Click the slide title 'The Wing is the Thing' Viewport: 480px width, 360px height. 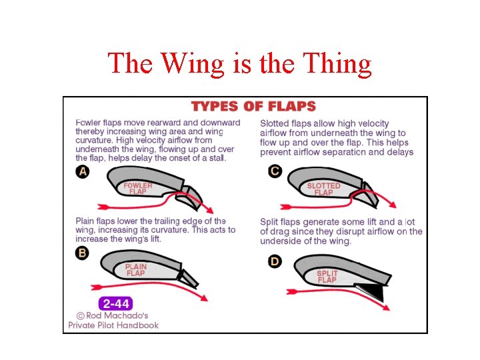(239, 63)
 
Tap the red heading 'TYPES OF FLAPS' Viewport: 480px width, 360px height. (253, 107)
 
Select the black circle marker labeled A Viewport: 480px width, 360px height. (83, 171)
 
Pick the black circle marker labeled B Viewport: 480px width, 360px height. (82, 253)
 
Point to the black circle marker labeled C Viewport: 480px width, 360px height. (275, 171)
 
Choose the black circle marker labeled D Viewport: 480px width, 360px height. (275, 261)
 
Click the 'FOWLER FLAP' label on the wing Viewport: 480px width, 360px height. (138, 188)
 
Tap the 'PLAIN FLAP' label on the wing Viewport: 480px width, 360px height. (135, 269)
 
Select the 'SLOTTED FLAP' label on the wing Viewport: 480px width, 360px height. (323, 189)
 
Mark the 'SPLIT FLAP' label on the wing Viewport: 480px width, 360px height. (327, 277)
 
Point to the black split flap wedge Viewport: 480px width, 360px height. (371, 291)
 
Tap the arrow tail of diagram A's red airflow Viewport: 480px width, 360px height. (101, 205)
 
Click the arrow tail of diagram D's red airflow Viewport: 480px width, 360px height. (291, 291)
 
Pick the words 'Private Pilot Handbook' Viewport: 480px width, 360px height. (113, 325)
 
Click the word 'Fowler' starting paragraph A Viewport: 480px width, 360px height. (89, 123)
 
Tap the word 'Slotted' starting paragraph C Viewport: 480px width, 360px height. (275, 123)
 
